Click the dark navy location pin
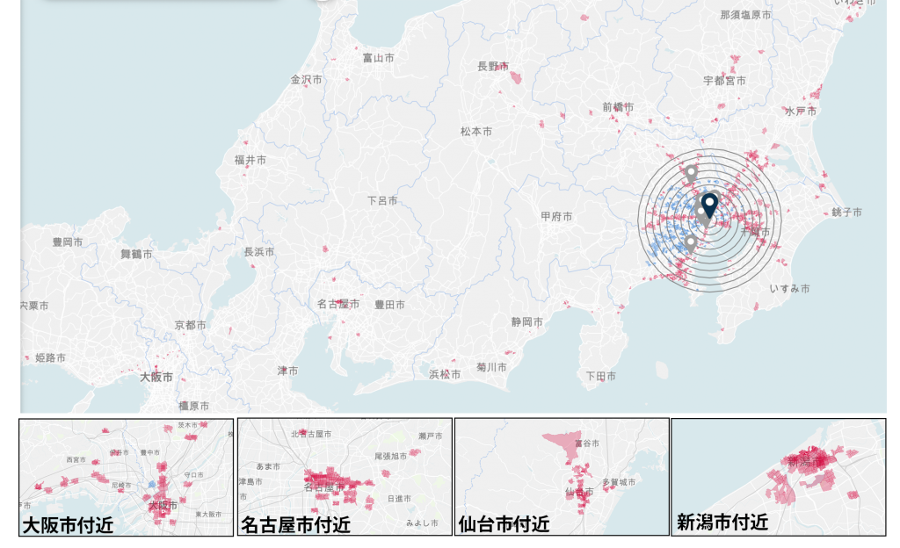[x=709, y=205]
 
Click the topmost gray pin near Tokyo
[x=691, y=173]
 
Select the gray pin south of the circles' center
[x=691, y=242]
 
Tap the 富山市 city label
[x=379, y=58]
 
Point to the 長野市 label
[x=493, y=66]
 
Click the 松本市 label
[x=476, y=131]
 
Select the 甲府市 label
[x=556, y=216]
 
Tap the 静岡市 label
[x=527, y=322]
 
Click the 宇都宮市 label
[x=724, y=80]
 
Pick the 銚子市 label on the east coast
[x=846, y=213]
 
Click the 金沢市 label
[x=307, y=79]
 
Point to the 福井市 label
[x=250, y=160]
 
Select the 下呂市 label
[x=382, y=200]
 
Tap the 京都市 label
[x=191, y=325]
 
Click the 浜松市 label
[x=445, y=374]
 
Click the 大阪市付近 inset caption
[x=69, y=525]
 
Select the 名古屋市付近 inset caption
[x=295, y=525]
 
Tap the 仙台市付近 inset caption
[x=504, y=525]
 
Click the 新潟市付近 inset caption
[x=722, y=523]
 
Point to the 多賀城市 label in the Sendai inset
[x=619, y=482]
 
